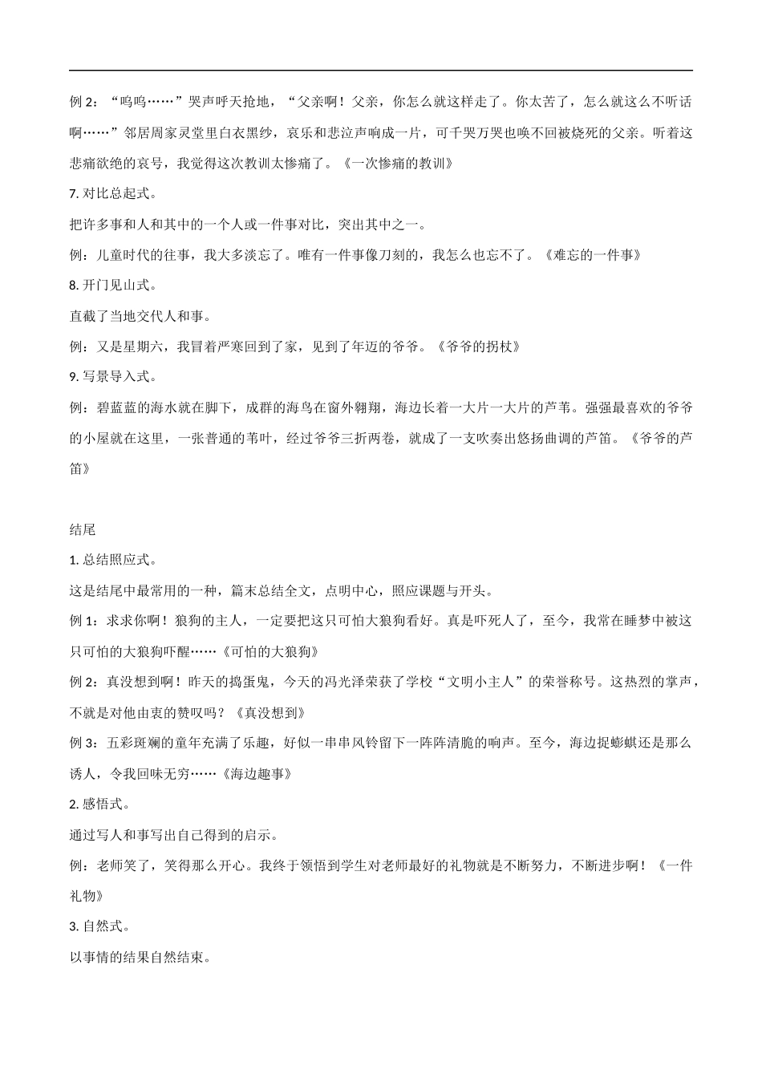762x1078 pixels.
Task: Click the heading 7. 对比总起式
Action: click(113, 193)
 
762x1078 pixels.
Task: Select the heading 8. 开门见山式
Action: click(113, 285)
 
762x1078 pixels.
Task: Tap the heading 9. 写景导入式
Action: click(113, 376)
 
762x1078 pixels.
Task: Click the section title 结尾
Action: click(83, 529)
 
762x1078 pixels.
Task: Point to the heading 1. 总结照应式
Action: click(113, 560)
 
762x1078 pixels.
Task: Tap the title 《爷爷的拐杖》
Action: click(480, 346)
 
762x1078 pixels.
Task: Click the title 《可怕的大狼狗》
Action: click(274, 651)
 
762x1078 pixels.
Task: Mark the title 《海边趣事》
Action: click(255, 774)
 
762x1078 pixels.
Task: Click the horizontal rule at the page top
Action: click(381, 71)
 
